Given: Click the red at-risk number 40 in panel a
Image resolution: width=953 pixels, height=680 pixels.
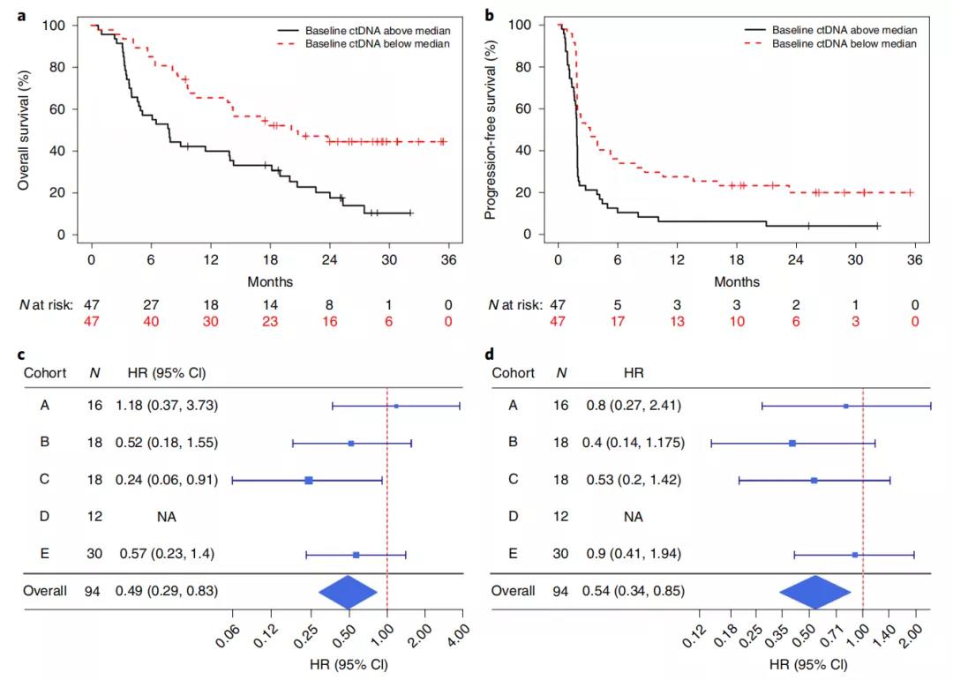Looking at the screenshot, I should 150,322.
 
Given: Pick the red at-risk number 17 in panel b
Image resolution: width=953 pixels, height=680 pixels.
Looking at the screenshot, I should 617,322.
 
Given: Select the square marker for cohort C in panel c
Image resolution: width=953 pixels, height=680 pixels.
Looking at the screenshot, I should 309,480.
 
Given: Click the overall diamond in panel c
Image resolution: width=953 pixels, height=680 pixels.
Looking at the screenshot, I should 348,591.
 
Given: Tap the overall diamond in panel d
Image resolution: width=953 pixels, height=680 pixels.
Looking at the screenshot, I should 815,591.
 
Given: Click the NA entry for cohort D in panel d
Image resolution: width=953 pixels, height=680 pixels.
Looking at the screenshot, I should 634,517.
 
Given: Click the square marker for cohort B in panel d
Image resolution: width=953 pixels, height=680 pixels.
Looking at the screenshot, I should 792,443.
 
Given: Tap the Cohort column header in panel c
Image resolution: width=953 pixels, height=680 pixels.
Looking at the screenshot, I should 44,373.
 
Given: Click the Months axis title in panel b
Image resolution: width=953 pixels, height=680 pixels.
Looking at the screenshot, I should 735,282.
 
